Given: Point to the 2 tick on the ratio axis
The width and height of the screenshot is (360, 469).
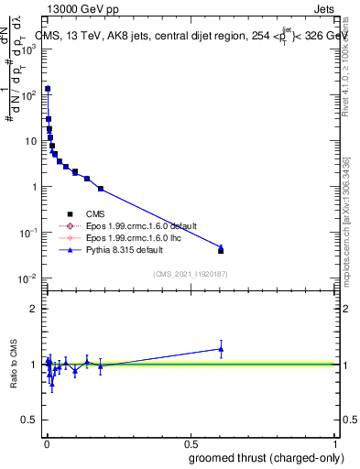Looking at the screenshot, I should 33,309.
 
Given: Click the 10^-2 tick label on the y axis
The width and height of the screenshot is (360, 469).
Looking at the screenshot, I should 26,278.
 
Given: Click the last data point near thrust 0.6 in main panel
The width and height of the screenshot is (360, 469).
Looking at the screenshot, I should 221,250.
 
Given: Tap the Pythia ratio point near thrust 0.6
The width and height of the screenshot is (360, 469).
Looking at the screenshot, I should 221,348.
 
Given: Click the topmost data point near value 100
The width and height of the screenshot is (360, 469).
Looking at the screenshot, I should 48,89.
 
